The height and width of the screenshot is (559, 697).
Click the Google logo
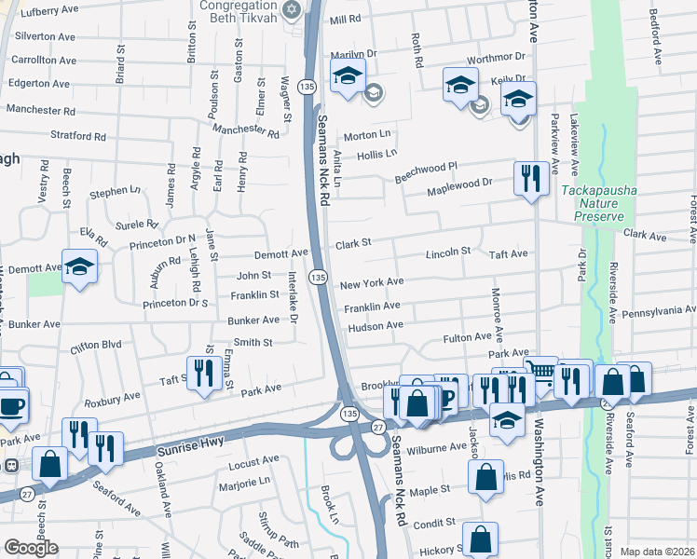point(31,548)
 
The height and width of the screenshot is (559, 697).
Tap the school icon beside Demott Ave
point(80,267)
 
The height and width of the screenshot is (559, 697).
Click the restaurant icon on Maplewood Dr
point(530,178)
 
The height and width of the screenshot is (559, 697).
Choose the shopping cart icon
point(540,373)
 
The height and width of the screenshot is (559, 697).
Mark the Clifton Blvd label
point(96,345)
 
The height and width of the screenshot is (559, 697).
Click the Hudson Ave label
point(376,326)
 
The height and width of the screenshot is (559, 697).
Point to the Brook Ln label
point(327,502)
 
